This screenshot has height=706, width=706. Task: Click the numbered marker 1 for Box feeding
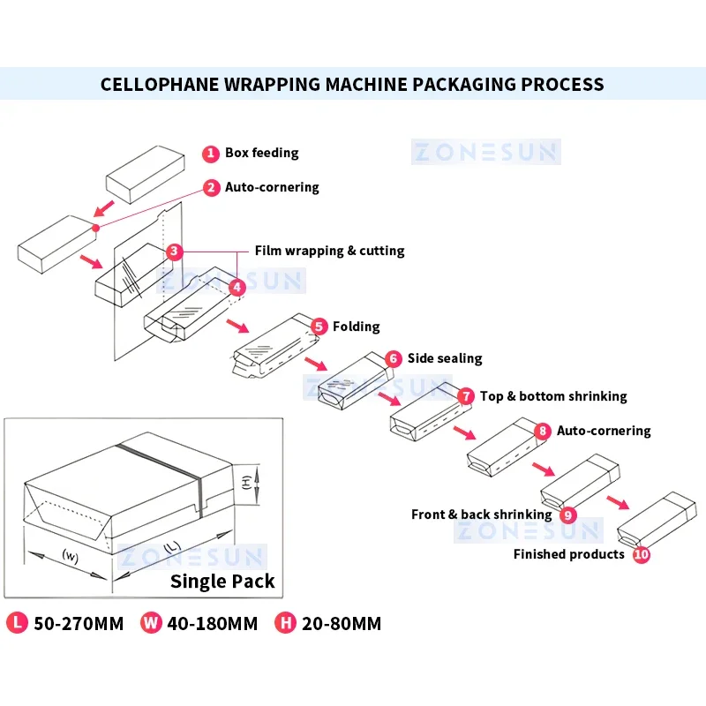coord(211,154)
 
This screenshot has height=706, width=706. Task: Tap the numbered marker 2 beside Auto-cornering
coord(211,188)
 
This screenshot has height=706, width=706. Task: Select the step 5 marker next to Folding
coord(319,327)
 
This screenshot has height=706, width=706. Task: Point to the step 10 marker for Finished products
coord(642,555)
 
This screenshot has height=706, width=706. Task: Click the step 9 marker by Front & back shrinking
coord(567,514)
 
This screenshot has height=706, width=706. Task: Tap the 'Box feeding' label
coord(262,153)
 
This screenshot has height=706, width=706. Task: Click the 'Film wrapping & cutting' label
coord(330,251)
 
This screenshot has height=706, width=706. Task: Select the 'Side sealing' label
coord(445,358)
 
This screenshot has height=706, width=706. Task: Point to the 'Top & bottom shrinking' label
coord(553,396)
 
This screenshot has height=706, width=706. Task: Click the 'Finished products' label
coord(569,554)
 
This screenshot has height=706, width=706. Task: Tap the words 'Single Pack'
coord(222,581)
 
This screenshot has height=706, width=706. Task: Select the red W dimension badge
coord(152,623)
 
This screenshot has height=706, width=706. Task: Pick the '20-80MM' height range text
coord(341,624)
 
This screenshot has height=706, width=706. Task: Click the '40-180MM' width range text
coord(214,624)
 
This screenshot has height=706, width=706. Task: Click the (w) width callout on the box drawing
coord(71,555)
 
